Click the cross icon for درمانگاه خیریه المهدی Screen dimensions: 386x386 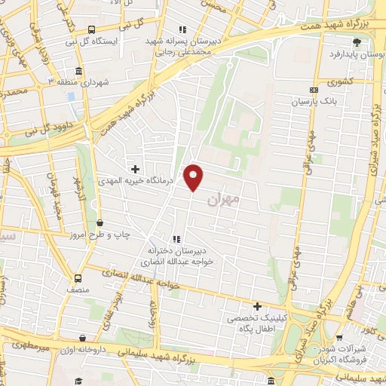point(136,169)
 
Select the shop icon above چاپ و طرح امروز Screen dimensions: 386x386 point(100,222)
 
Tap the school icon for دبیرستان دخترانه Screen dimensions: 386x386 point(176,239)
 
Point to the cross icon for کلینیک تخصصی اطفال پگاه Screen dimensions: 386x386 point(258,307)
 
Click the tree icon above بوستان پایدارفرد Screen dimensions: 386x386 point(356,42)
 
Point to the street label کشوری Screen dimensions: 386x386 point(341,80)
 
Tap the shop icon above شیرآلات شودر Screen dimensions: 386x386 point(337,338)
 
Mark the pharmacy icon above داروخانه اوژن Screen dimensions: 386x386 point(81,339)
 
